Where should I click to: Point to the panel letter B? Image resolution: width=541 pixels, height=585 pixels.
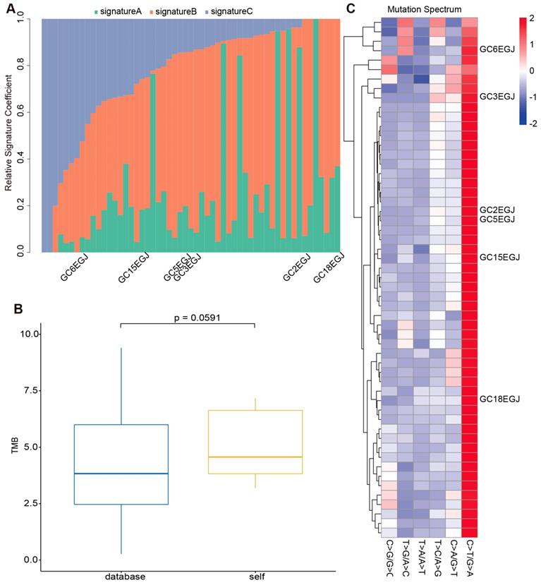10,308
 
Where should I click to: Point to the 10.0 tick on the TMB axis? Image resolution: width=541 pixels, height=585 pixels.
28,334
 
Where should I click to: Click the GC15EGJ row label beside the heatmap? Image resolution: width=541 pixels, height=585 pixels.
499,257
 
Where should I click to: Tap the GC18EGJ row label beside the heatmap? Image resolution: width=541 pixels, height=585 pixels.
499,399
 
